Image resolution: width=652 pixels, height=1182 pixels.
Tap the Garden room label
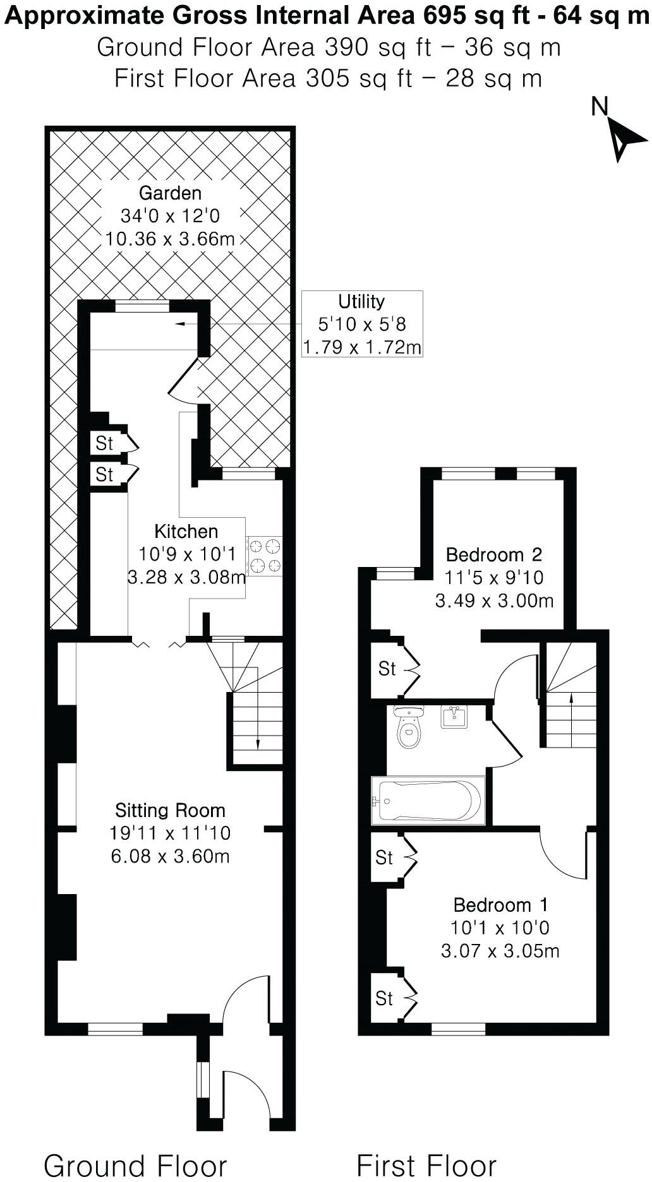tap(170, 193)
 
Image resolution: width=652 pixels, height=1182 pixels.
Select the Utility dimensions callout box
tap(361, 324)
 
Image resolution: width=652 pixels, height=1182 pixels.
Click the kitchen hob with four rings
tap(265, 556)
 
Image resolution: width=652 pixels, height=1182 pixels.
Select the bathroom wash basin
tap(453, 717)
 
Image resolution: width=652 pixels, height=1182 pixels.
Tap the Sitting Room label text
tap(170, 810)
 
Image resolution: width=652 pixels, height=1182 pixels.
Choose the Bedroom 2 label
tap(493, 555)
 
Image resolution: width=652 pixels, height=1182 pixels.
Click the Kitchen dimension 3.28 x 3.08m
tap(186, 577)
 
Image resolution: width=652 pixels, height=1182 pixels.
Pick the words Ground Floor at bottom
tap(135, 1165)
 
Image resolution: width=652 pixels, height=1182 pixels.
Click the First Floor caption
tap(426, 1165)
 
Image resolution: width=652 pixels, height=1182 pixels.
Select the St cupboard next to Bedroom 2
tap(387, 668)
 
